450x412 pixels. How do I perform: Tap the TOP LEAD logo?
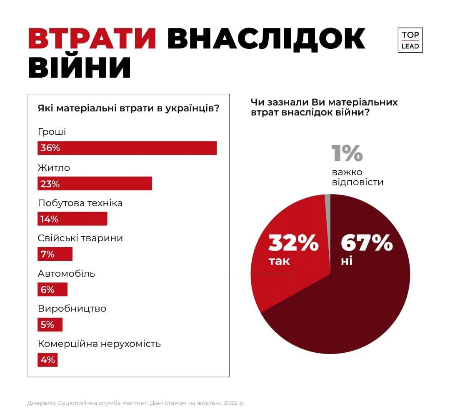(410, 40)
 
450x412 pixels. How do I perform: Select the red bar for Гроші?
(127, 148)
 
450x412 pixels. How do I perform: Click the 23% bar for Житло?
(95, 184)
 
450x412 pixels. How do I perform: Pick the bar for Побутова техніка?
(72, 219)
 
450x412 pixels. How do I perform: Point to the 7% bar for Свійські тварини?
(55, 254)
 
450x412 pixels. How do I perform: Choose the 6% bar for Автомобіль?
(52, 289)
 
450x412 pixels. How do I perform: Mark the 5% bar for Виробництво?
(50, 324)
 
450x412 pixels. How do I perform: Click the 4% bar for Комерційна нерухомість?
(47, 360)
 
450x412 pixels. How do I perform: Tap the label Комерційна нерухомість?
(99, 344)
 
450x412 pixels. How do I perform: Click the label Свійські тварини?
(80, 238)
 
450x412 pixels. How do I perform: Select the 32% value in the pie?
(293, 243)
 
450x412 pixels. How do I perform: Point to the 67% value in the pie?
(367, 243)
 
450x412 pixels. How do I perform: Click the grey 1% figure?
(347, 153)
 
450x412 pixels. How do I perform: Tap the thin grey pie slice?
(328, 200)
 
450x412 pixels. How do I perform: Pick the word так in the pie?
(279, 262)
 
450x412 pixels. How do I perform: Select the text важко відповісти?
(357, 177)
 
